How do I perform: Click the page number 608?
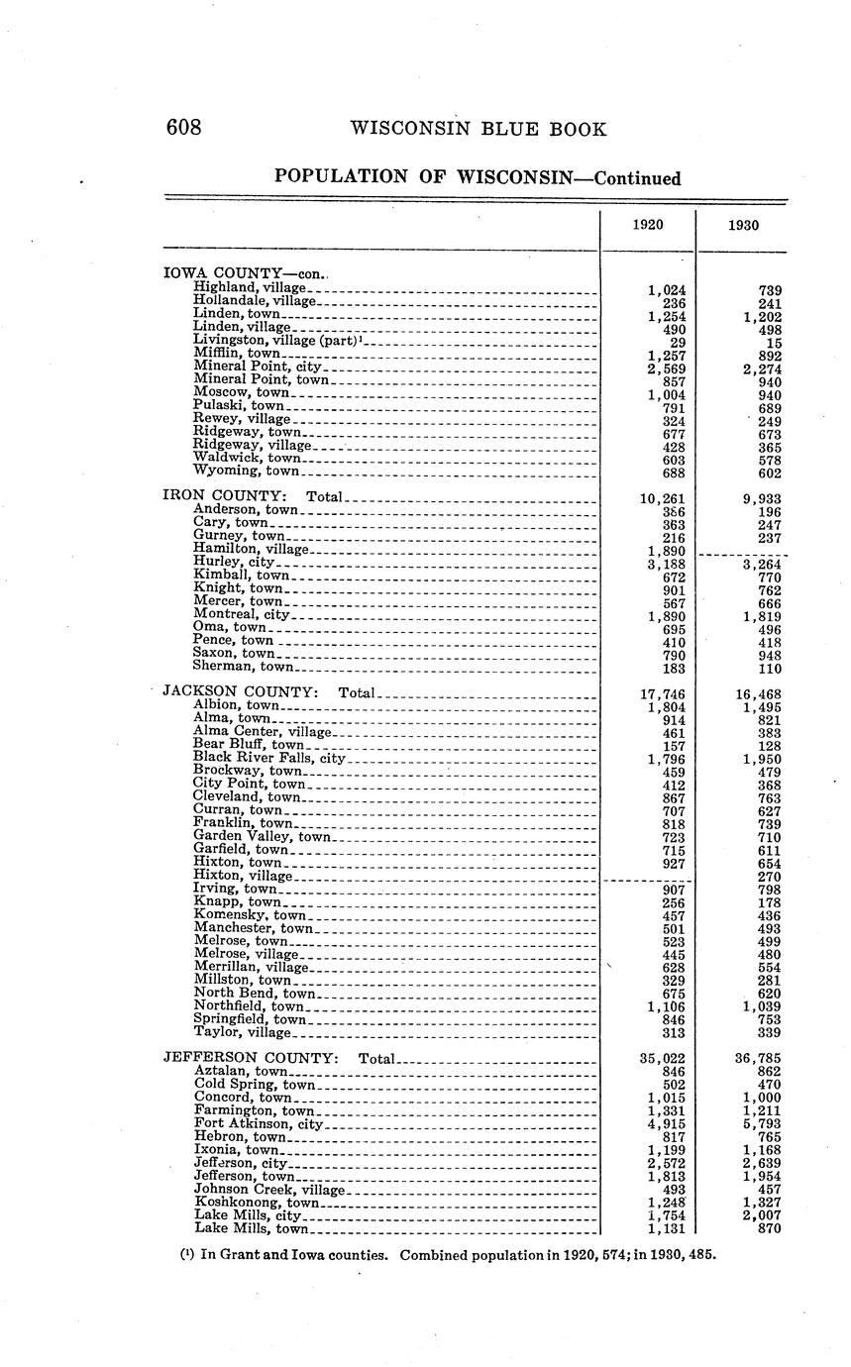(x=183, y=129)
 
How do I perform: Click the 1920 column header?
(x=648, y=225)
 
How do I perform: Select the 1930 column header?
(x=743, y=225)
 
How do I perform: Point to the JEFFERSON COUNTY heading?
(x=250, y=1058)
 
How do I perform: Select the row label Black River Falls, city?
(x=268, y=758)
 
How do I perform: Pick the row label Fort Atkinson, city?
(x=259, y=1123)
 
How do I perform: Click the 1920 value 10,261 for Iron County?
(x=663, y=498)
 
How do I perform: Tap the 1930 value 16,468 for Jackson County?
(x=758, y=694)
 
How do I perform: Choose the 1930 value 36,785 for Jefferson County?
(x=758, y=1059)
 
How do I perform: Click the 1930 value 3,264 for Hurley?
(x=762, y=564)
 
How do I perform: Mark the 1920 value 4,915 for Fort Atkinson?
(x=667, y=1124)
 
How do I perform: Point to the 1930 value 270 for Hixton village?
(x=768, y=877)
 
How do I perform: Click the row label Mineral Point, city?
(x=258, y=367)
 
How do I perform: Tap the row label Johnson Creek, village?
(x=268, y=1189)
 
